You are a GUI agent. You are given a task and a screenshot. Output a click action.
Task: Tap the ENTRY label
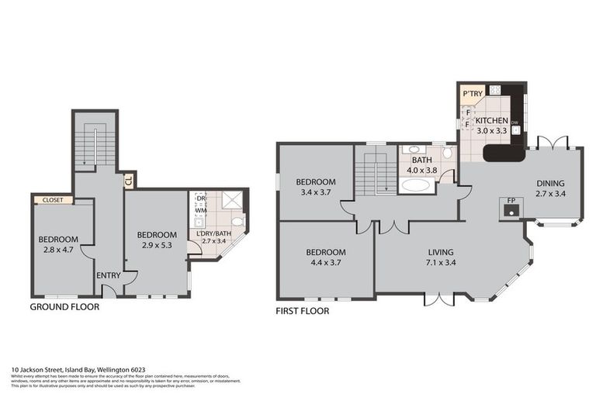108,275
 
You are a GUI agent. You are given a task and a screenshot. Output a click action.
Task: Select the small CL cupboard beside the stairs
129,180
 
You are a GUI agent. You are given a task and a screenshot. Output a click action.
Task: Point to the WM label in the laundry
200,210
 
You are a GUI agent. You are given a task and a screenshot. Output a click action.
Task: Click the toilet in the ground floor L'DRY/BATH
238,223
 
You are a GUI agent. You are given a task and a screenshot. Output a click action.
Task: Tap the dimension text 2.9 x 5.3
157,245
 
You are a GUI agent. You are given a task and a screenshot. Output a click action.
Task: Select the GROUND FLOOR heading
64,307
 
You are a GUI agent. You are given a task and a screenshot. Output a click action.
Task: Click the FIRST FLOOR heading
303,311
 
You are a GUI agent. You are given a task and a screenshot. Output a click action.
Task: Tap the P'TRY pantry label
472,95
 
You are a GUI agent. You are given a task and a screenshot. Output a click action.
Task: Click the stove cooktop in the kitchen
495,90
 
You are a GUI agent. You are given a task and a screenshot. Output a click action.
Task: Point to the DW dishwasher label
515,122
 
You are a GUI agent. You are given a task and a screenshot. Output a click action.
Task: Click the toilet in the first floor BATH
446,153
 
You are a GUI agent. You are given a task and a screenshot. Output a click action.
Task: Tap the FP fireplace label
511,200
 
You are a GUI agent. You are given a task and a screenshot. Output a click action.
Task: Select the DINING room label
550,184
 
